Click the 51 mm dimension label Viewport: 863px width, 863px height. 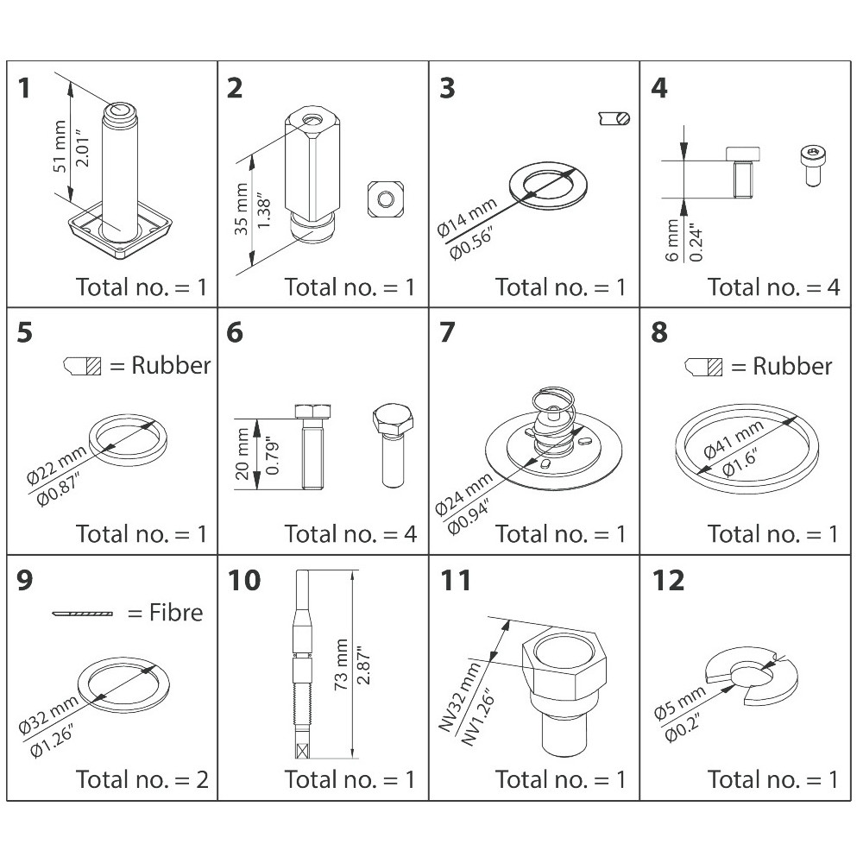pos(60,146)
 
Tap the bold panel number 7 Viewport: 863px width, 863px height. pos(447,332)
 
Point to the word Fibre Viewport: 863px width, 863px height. pos(176,613)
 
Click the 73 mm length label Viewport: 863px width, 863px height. pos(341,665)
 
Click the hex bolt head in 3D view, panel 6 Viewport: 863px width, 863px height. pos(393,419)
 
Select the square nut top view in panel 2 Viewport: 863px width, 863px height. pos(385,198)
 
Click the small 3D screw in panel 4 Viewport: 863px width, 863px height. pos(813,165)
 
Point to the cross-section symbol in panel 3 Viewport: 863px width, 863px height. pos(614,118)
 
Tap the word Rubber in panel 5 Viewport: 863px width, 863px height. pos(171,365)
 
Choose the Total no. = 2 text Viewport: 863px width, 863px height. pos(142,779)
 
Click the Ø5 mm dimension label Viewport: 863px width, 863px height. pos(680,702)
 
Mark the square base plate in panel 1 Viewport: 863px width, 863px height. pos(120,231)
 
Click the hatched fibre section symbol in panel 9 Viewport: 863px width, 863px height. pos(83,613)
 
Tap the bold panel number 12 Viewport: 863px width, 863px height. pos(668,580)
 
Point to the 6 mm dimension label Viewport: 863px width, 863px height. pos(672,241)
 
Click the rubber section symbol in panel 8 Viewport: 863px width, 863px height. pos(703,367)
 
